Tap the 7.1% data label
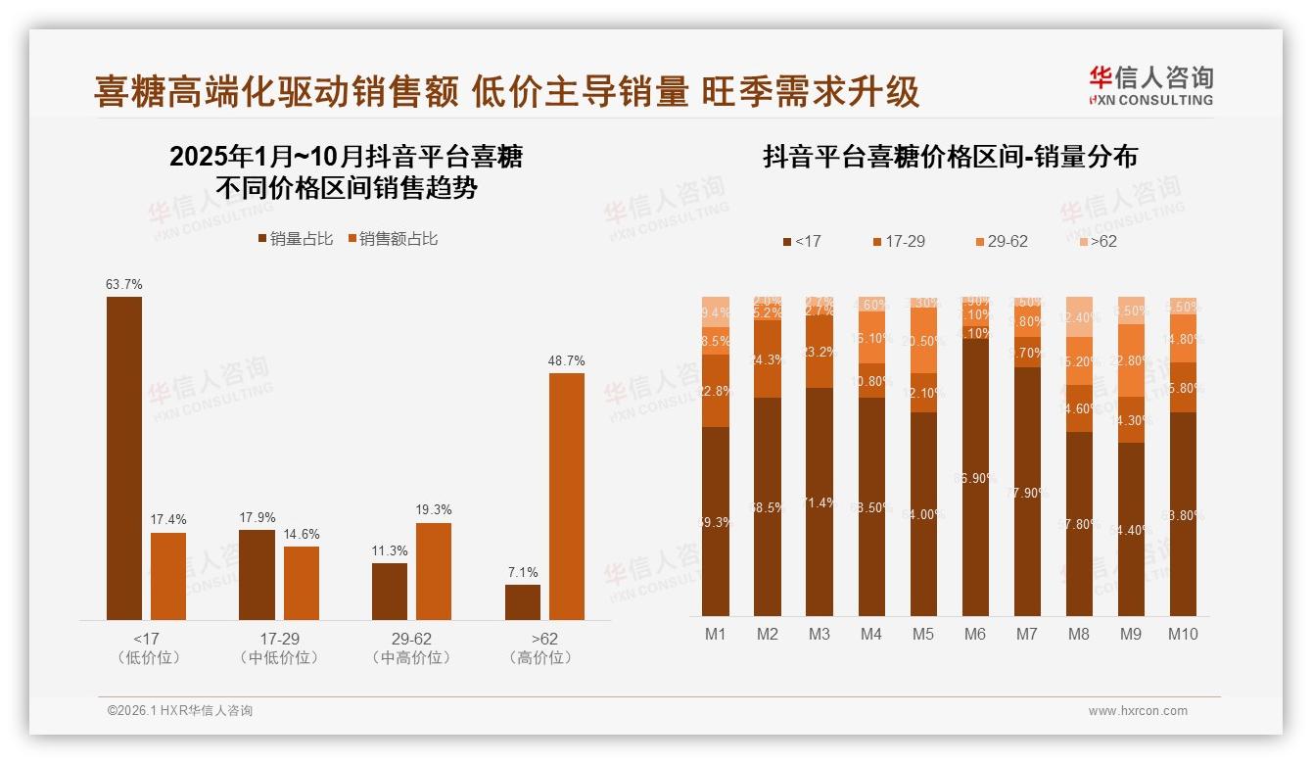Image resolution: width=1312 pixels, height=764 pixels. [522, 572]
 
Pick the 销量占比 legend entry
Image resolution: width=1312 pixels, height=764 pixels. [295, 239]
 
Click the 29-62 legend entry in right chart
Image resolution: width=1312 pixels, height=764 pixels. [1001, 241]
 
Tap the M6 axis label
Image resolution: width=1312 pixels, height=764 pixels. [974, 634]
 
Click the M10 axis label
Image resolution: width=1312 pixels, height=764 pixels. [1182, 634]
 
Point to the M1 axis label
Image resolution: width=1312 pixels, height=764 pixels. [716, 634]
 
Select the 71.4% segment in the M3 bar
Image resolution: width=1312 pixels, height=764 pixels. [820, 501]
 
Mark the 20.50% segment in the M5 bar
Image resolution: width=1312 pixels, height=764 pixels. [923, 341]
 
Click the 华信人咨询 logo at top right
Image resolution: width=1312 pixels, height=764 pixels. [1150, 84]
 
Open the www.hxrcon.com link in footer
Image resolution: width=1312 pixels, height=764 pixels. [1138, 711]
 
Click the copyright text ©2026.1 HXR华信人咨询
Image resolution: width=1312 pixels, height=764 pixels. [179, 711]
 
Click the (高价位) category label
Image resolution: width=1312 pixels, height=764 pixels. [539, 658]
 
